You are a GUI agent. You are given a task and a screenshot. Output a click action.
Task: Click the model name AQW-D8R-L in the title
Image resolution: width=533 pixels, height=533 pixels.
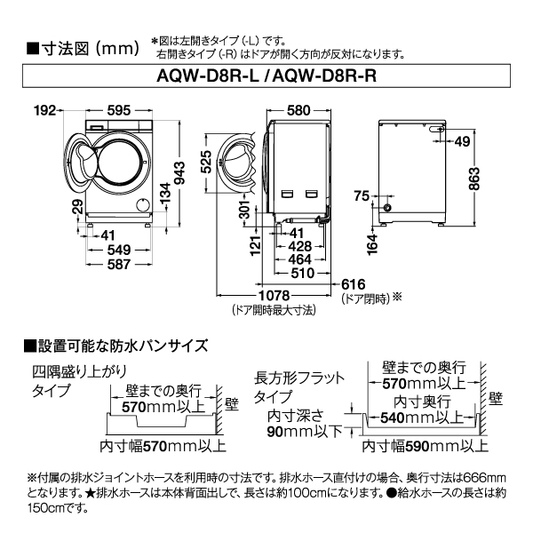(x=210, y=76)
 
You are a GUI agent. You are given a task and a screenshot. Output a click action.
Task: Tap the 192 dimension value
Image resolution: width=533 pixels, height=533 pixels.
(x=46, y=110)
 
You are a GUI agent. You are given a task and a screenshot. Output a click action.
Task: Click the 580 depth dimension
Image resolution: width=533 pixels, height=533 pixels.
(x=298, y=110)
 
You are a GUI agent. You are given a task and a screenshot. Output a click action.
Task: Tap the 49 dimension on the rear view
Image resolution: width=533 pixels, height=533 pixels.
(x=463, y=141)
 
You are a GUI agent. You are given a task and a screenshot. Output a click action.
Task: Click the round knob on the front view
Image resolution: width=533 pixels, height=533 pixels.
(x=141, y=205)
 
